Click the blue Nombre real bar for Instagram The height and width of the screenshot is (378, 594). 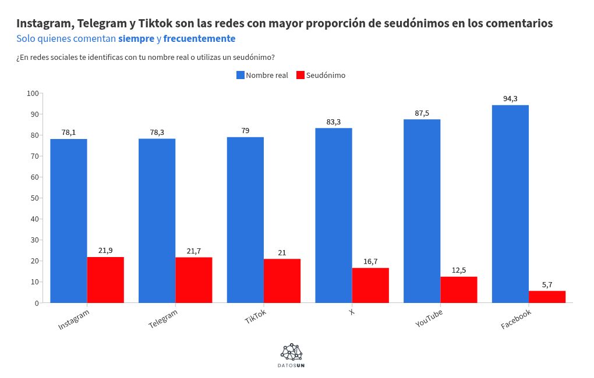69,221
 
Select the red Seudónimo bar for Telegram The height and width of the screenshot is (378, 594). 194,280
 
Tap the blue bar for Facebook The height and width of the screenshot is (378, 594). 510,204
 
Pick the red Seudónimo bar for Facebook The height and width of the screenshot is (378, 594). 547,297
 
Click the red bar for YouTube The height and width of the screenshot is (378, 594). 459,290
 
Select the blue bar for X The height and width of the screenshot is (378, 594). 334,215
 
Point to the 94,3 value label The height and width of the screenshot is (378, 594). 510,99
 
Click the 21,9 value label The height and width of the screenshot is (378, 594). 105,251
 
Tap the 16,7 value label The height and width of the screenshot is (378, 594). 371,262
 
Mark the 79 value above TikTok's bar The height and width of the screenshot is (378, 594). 245,131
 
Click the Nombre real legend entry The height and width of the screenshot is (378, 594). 262,75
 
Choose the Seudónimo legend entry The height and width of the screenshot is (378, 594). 321,75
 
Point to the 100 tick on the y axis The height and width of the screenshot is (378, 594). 33,94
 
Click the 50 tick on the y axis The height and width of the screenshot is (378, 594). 34,198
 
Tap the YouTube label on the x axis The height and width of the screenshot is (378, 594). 429,319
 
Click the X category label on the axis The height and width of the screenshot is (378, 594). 351,312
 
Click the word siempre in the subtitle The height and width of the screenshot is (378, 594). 136,39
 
